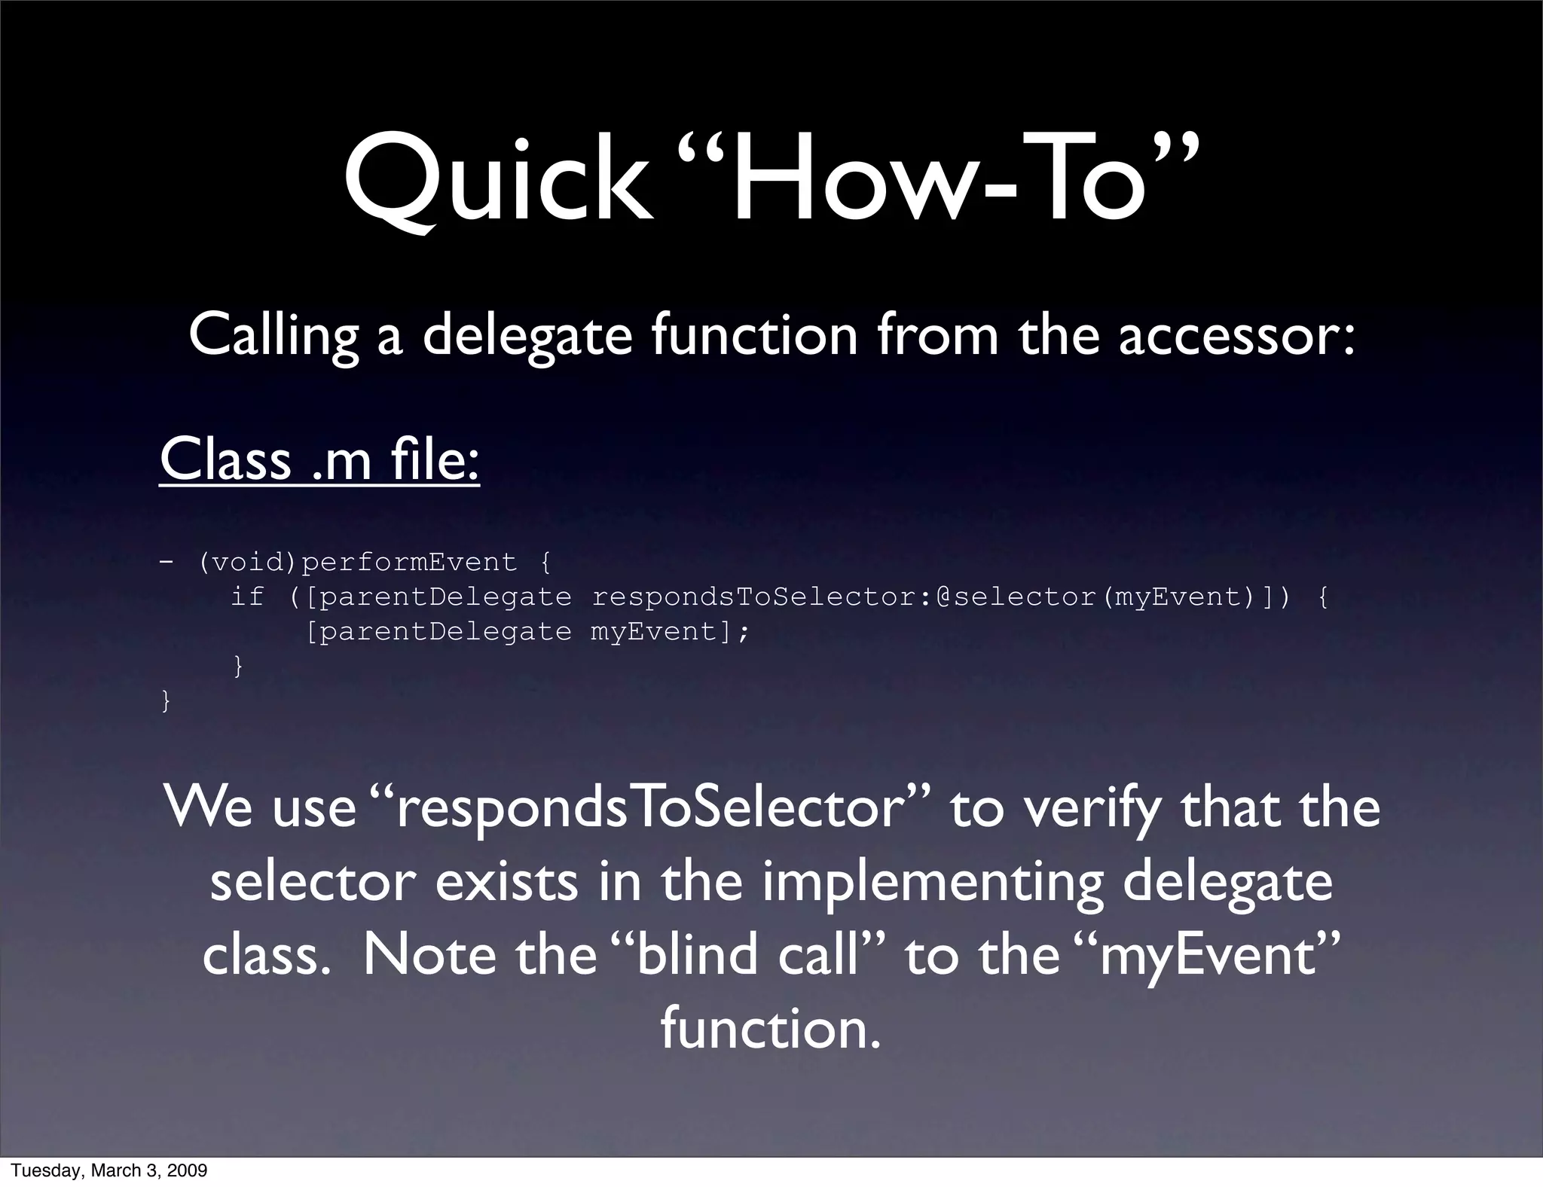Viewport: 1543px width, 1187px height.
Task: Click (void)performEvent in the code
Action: click(358, 562)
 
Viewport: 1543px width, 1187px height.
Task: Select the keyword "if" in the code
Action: click(247, 597)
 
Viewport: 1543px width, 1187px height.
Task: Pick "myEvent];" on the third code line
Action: click(670, 631)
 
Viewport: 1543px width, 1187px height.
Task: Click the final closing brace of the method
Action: click(166, 701)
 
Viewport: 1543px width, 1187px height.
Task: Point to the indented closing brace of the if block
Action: click(238, 666)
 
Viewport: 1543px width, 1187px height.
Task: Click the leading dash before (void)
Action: click(166, 562)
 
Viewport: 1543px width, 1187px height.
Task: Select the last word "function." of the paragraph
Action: click(770, 1028)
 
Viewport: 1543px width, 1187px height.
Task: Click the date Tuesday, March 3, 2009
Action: click(109, 1170)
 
